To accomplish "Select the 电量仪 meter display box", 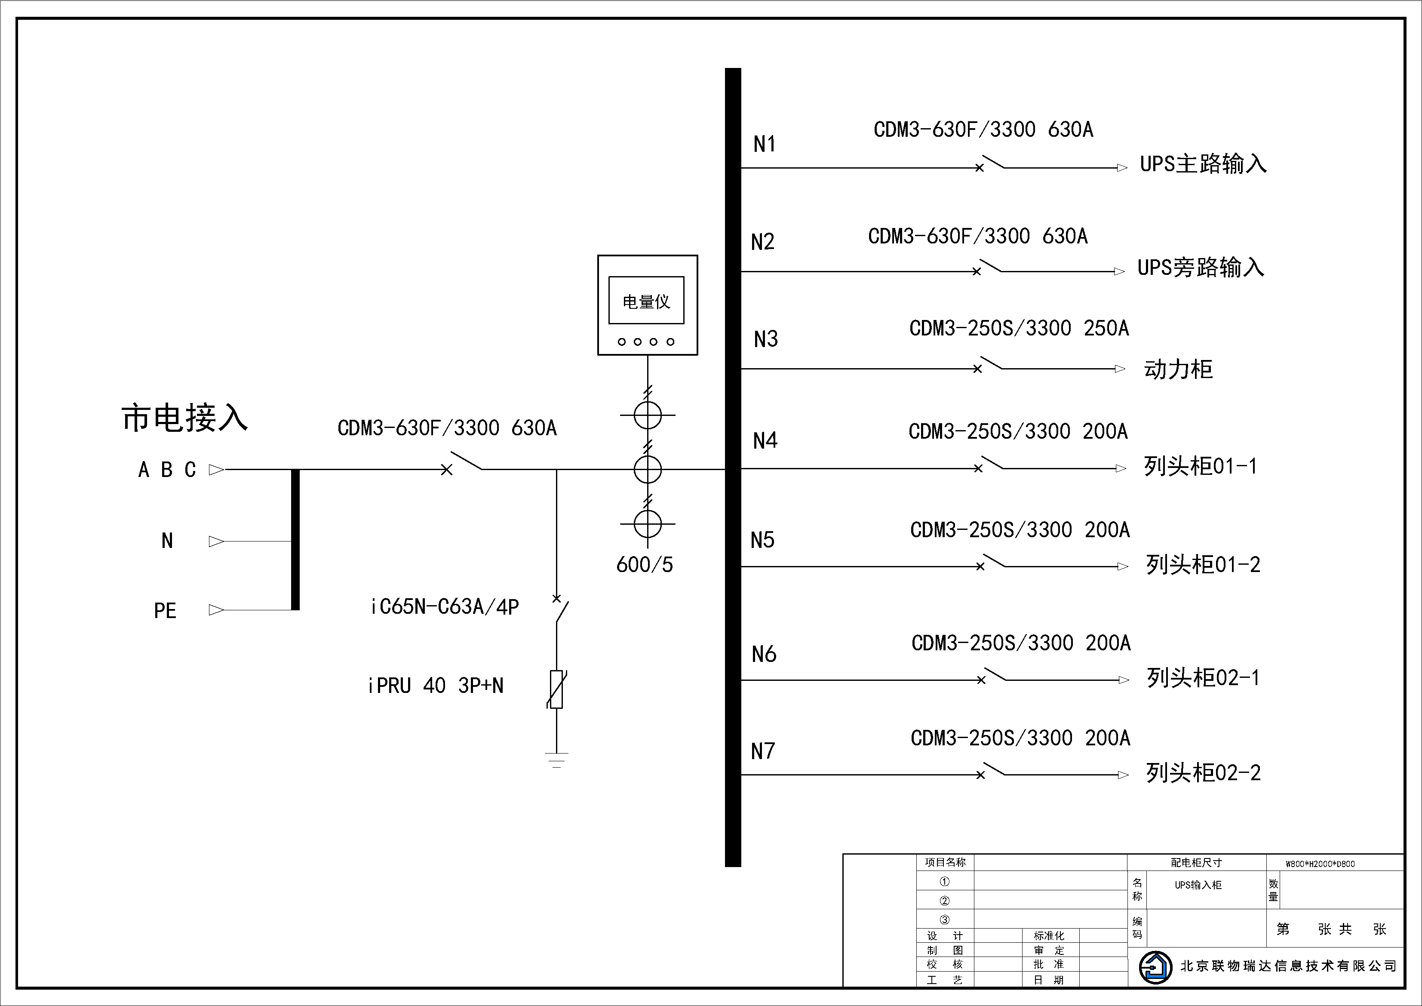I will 647,301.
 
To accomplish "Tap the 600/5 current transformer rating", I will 644,564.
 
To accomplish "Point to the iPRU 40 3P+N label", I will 436,686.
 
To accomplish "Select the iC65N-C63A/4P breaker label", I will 445,606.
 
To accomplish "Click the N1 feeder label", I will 764,145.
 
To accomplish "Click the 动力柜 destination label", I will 1178,369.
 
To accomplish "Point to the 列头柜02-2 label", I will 1203,772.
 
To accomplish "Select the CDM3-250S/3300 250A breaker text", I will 1019,328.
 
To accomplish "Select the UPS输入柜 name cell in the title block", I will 1198,885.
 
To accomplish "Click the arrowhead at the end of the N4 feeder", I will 1121,469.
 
